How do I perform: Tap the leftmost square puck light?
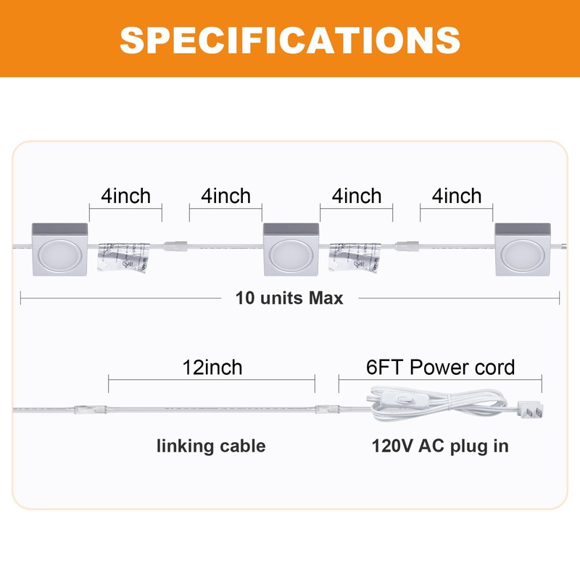click(59, 249)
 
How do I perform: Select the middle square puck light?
click(290, 249)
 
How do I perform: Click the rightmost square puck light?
click(522, 249)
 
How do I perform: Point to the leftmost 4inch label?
click(125, 196)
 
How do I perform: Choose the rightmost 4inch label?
click(456, 196)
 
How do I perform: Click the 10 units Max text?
click(289, 298)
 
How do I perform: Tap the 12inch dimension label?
click(212, 367)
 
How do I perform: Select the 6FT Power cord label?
click(440, 367)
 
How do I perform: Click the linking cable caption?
click(211, 446)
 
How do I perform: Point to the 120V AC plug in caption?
click(440, 446)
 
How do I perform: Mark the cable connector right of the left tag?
click(174, 246)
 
